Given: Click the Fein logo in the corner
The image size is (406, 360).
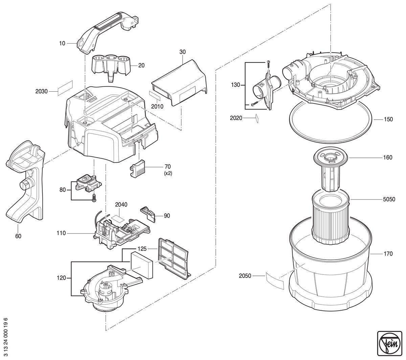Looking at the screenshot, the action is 389,343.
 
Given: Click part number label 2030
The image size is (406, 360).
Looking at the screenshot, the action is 42,91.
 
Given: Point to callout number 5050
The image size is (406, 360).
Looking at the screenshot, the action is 389,199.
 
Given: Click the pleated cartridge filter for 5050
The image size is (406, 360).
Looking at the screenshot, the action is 331,217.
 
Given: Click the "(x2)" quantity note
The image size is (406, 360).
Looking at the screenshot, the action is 168,173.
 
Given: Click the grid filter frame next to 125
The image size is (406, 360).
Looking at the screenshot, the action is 174,258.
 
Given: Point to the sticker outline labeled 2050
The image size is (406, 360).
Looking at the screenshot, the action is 275,281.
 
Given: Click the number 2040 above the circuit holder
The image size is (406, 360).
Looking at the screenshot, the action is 121,205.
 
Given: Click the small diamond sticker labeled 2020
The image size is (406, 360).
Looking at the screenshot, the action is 257,118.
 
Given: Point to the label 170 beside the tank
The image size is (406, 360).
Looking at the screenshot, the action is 388,254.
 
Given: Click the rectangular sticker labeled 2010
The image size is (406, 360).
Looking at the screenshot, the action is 155,96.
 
